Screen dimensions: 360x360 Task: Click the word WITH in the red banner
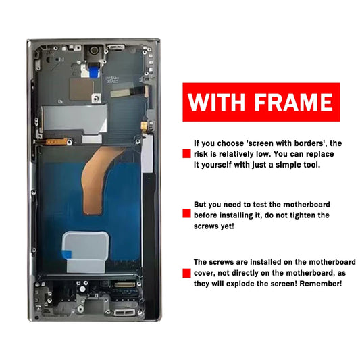(x=217, y=102)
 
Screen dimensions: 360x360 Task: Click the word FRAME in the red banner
(x=294, y=102)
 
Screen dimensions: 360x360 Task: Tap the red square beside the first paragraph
(x=186, y=153)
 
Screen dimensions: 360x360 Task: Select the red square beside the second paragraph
(x=186, y=213)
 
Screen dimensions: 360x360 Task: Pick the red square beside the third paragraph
(x=186, y=274)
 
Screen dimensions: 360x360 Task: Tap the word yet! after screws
(x=228, y=226)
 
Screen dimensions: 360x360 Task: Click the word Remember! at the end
(x=321, y=284)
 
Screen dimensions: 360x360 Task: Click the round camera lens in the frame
(x=94, y=50)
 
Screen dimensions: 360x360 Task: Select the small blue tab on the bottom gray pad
(x=67, y=255)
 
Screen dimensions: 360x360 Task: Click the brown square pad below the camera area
(x=81, y=89)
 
